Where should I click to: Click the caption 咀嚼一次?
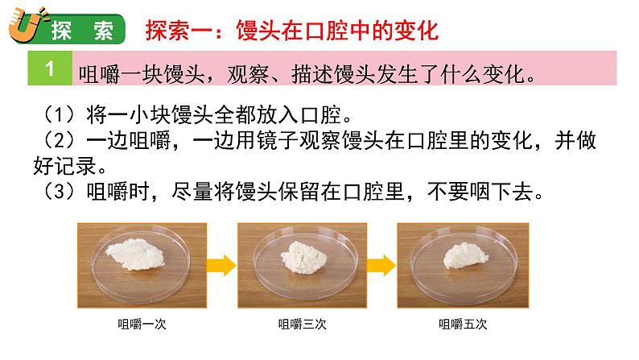(x=139, y=325)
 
